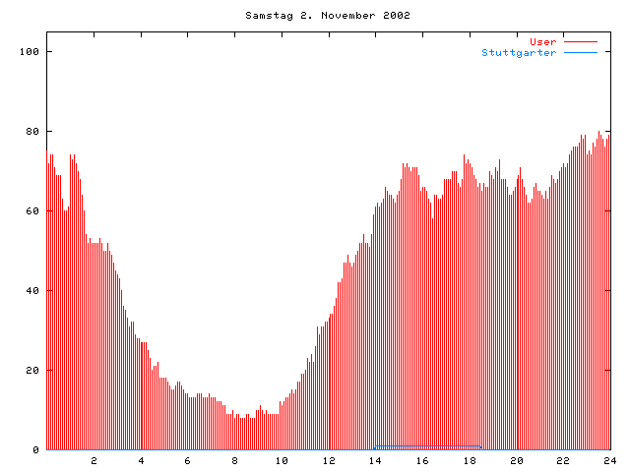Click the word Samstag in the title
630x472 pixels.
[267, 16]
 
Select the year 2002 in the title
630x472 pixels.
[395, 16]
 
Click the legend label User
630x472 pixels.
[542, 41]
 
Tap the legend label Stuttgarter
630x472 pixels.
[519, 52]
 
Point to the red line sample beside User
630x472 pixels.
[581, 41]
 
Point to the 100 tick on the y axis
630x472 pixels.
[31, 51]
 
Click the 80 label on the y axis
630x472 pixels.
[33, 131]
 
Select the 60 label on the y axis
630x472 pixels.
[33, 210]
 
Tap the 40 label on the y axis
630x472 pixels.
[33, 290]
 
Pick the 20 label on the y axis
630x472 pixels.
[33, 370]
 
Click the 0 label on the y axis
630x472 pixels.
[36, 449]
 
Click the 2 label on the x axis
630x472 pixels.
[94, 460]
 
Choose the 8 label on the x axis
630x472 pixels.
[235, 460]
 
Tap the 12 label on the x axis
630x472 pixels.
[329, 460]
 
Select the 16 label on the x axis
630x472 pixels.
[422, 460]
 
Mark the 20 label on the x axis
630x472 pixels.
[516, 460]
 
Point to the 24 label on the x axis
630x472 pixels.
[609, 460]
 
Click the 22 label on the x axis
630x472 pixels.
[563, 460]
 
